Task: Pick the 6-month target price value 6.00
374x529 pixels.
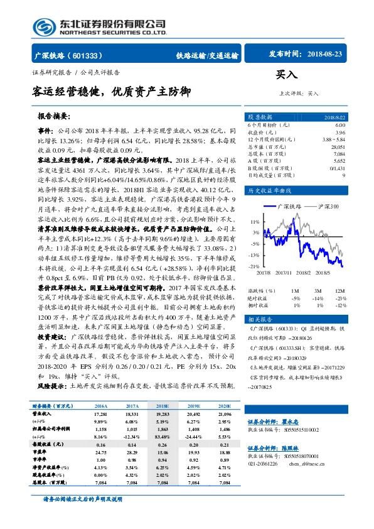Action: (x=340, y=125)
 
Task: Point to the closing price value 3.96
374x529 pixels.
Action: (x=340, y=132)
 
